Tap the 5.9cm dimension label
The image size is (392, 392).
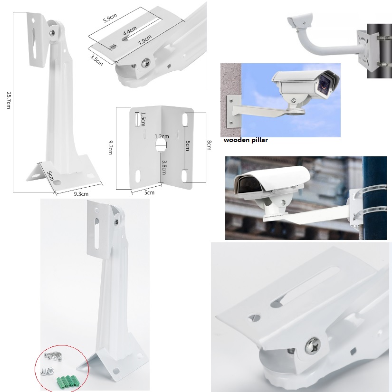(111, 19)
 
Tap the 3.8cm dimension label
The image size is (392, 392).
(164, 167)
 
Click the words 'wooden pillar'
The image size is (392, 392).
(246, 140)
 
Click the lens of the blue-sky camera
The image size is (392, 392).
(325, 84)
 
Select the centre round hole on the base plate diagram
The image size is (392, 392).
(161, 145)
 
